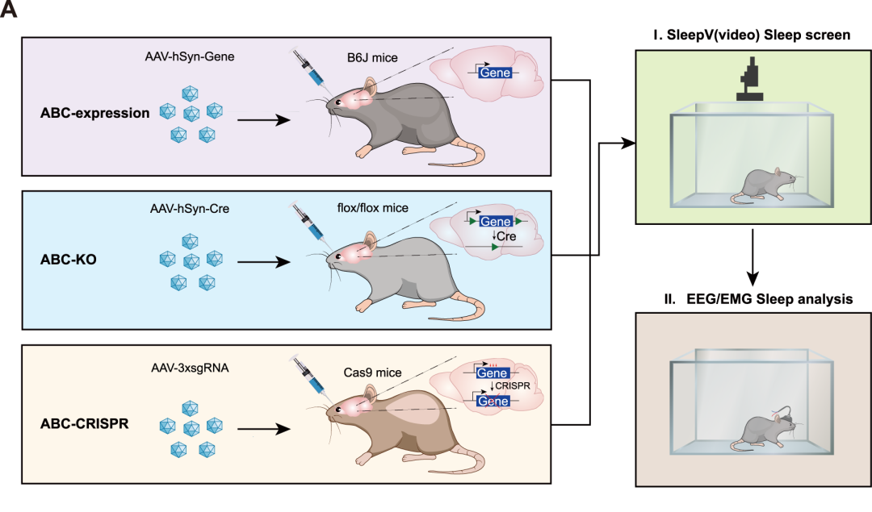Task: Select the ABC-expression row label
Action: [x=95, y=113]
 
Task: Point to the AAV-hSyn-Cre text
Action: [x=189, y=209]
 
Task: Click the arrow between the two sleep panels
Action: [x=753, y=257]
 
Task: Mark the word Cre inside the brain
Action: [x=506, y=237]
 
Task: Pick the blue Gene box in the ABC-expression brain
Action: [x=493, y=73]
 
